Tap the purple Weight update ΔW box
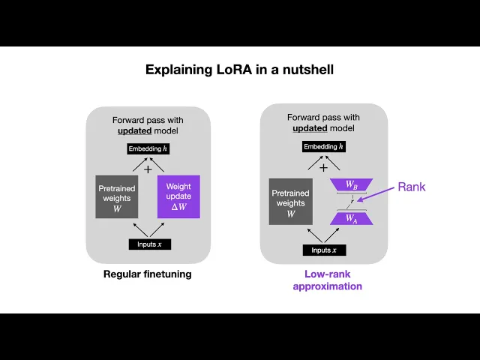[x=178, y=196]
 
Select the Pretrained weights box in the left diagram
[x=117, y=196]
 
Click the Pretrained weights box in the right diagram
[x=291, y=202]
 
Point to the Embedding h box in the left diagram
[x=148, y=149]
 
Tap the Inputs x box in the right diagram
[x=324, y=250]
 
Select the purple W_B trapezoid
[x=351, y=184]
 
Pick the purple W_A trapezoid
[x=351, y=219]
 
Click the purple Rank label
[x=411, y=187]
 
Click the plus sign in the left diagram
[x=148, y=169]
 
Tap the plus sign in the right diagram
[x=324, y=167]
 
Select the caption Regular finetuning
[x=147, y=274]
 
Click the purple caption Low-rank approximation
[x=327, y=280]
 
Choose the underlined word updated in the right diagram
[x=307, y=129]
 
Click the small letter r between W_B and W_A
[x=351, y=202]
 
